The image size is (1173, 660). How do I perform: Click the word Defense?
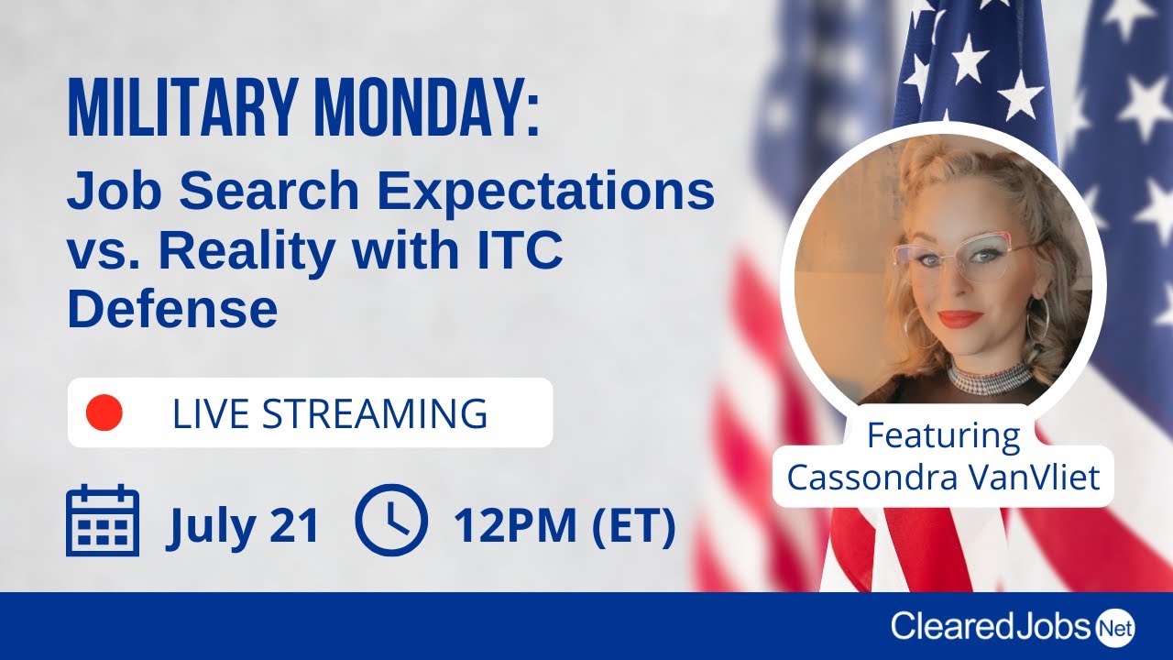coord(172,310)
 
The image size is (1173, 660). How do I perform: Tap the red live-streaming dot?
coord(104,412)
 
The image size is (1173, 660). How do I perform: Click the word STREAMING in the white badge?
coord(375,414)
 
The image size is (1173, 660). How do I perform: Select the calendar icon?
coord(103,521)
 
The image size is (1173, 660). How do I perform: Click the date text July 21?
coord(244,526)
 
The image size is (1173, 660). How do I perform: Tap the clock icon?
coord(390,521)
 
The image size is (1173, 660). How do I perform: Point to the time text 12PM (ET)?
coord(565,526)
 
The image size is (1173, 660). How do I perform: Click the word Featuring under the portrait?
coord(943,434)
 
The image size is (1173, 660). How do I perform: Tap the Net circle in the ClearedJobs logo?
coord(1114,627)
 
